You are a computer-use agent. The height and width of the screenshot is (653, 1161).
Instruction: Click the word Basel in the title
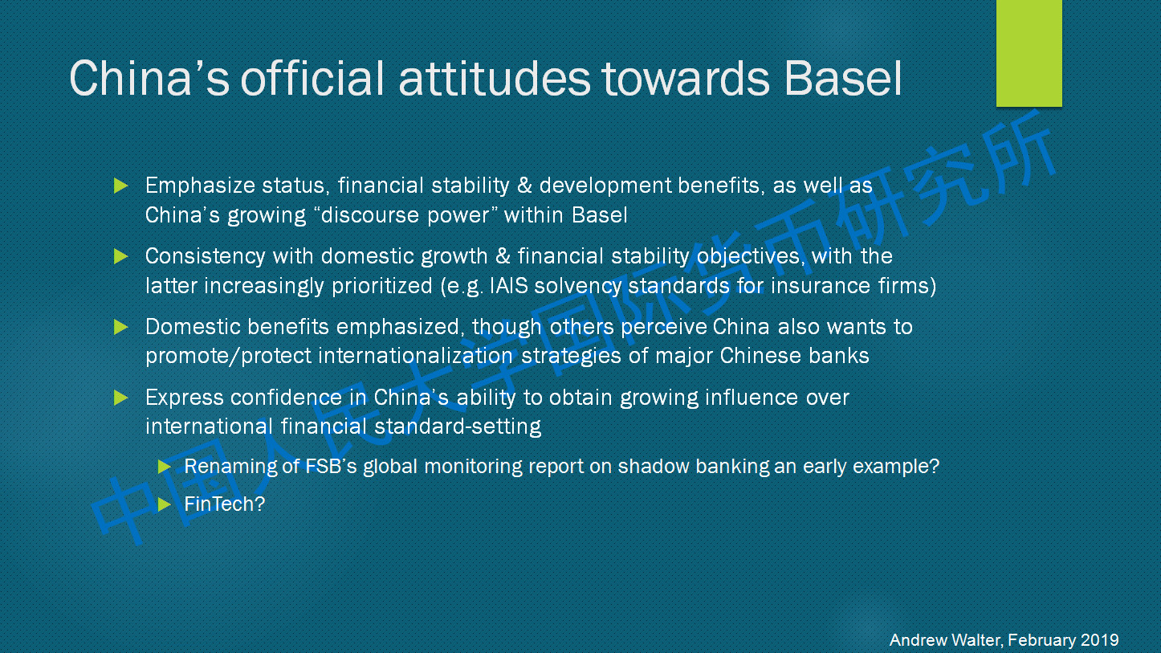843,79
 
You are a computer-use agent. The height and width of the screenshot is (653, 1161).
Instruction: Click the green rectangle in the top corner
1029,53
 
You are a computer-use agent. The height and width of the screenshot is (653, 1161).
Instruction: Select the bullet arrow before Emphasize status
120,186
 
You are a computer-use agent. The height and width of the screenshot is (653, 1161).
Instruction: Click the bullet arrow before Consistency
120,255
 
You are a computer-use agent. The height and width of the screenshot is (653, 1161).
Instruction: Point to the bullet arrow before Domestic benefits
120,327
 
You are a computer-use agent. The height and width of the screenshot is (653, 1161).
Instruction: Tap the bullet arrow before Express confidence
120,398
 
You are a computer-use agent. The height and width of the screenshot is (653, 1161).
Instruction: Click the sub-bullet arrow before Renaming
165,467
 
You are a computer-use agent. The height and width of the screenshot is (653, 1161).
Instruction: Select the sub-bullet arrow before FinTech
165,504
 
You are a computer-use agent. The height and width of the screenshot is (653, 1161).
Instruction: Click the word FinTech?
225,504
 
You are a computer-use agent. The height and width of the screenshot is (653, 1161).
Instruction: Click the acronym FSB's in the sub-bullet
331,467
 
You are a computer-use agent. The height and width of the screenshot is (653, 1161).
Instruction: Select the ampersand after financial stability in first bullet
524,186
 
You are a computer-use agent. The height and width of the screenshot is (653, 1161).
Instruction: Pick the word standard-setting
458,426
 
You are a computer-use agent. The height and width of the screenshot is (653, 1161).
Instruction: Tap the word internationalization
416,356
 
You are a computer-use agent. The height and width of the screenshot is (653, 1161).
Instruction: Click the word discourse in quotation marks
370,215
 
